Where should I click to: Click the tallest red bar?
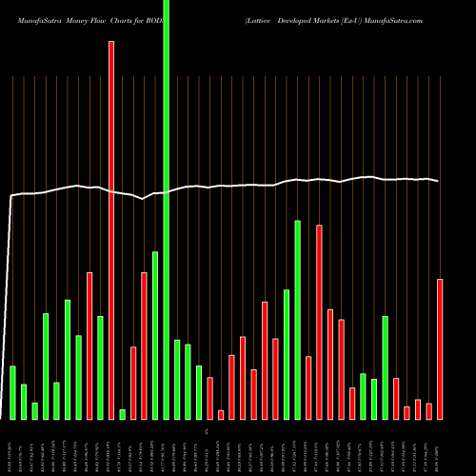111,228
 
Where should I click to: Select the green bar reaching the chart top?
167,209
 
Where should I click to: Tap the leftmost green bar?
12,392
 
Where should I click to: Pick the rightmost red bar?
440,348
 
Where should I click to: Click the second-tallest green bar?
297,320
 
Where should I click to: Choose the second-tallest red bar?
319,322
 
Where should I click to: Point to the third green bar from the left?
34,410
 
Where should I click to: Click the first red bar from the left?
89,346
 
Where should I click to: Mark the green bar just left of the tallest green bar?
155,335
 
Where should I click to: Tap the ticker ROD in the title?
155,18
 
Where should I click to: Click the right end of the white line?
439,181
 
